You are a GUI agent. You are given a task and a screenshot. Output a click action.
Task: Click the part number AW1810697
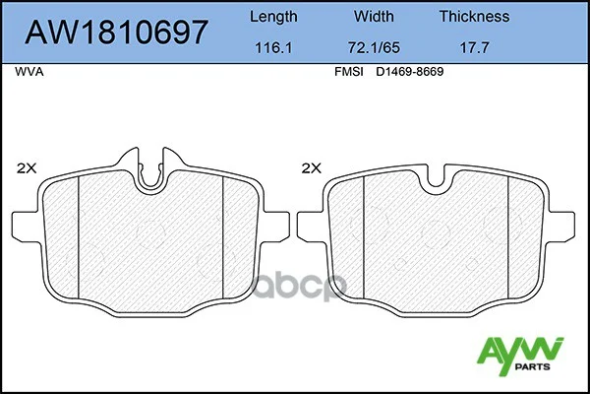coord(116,33)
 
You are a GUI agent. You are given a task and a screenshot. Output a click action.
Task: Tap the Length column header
coord(273,17)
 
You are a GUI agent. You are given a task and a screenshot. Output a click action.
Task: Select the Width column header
coord(374,16)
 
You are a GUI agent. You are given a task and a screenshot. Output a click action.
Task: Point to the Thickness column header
coord(474,16)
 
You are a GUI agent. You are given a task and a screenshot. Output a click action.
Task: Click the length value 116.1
coord(273,48)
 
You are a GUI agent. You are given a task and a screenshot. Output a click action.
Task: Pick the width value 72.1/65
coord(374,48)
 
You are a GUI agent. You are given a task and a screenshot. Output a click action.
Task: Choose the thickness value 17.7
coord(475,48)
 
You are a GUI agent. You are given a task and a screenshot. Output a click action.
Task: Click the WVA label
coord(29,72)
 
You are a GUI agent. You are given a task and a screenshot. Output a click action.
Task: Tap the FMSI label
coord(349,72)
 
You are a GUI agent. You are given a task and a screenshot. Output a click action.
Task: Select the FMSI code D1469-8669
coord(410,72)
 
